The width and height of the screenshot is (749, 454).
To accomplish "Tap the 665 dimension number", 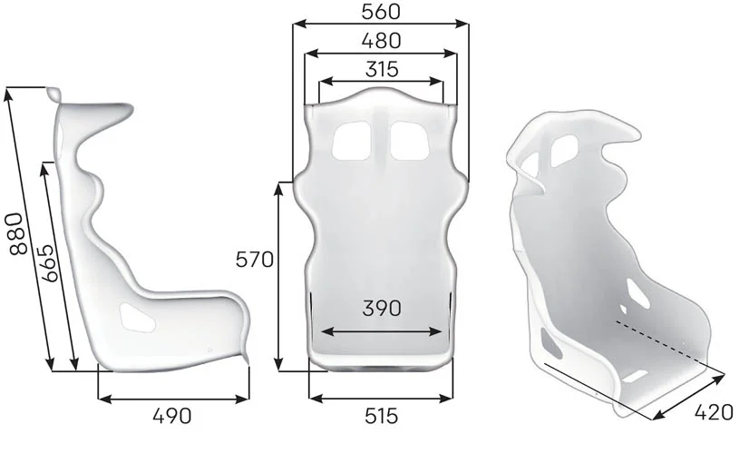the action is point(50,263).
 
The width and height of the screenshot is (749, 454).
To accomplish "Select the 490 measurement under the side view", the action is point(172,416).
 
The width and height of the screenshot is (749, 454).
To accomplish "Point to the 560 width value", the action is point(381,12).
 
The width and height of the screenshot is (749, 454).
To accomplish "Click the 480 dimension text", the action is point(381,41).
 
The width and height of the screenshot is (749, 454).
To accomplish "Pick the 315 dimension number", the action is point(382,70).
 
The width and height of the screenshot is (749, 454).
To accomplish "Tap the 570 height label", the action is point(255,261).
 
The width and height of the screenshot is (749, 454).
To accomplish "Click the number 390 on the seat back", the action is point(382,309).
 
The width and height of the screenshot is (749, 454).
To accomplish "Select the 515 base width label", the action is point(381,416).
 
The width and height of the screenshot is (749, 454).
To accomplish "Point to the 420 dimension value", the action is point(713,412).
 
